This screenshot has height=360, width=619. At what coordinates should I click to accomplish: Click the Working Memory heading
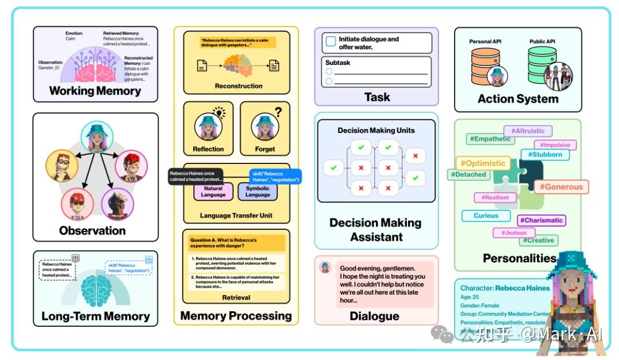click(x=95, y=91)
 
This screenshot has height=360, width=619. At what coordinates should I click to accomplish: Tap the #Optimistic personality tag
click(x=483, y=163)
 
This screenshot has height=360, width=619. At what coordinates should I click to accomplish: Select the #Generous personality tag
click(x=560, y=186)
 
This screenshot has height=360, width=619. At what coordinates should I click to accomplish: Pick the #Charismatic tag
click(x=542, y=220)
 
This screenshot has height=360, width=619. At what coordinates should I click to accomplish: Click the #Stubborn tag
click(x=545, y=155)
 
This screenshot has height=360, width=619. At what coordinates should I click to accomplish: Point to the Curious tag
click(x=485, y=216)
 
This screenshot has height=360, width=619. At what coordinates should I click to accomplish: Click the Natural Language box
click(x=213, y=191)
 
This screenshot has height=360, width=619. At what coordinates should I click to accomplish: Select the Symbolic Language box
click(x=257, y=191)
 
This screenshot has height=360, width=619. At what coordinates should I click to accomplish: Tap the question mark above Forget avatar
click(x=278, y=112)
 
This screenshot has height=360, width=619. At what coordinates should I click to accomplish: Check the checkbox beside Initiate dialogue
click(x=330, y=42)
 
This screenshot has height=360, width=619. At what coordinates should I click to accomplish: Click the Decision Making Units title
click(x=376, y=130)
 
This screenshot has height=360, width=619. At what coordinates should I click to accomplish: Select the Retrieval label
click(x=236, y=298)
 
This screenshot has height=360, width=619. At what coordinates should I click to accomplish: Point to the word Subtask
click(x=338, y=62)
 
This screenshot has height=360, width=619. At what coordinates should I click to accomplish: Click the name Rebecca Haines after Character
click(x=522, y=288)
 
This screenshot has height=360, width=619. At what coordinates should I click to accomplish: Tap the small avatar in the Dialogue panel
click(x=326, y=268)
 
